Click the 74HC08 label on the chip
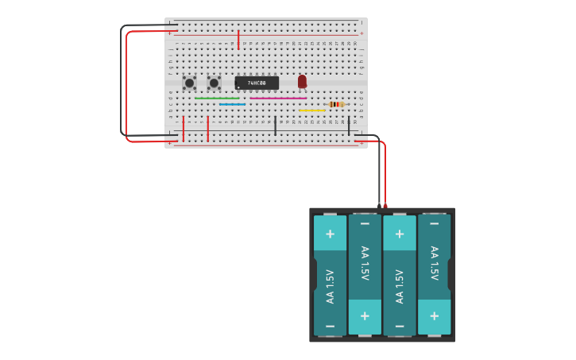point(257,83)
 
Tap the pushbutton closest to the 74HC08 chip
point(214,83)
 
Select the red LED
point(302,81)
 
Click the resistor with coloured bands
point(336,104)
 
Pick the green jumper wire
point(217,99)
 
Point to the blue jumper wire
point(232,104)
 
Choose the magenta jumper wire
point(278,99)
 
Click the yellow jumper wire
point(312,110)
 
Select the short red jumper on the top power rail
point(238,39)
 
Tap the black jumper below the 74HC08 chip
point(276,125)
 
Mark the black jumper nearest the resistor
point(348,124)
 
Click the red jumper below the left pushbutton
point(184,127)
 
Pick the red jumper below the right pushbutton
point(208,127)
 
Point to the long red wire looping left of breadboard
point(127,87)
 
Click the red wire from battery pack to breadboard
point(385,171)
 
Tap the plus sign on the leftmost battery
point(330,234)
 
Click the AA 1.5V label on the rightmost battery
point(434,263)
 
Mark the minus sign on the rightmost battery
point(434,223)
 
